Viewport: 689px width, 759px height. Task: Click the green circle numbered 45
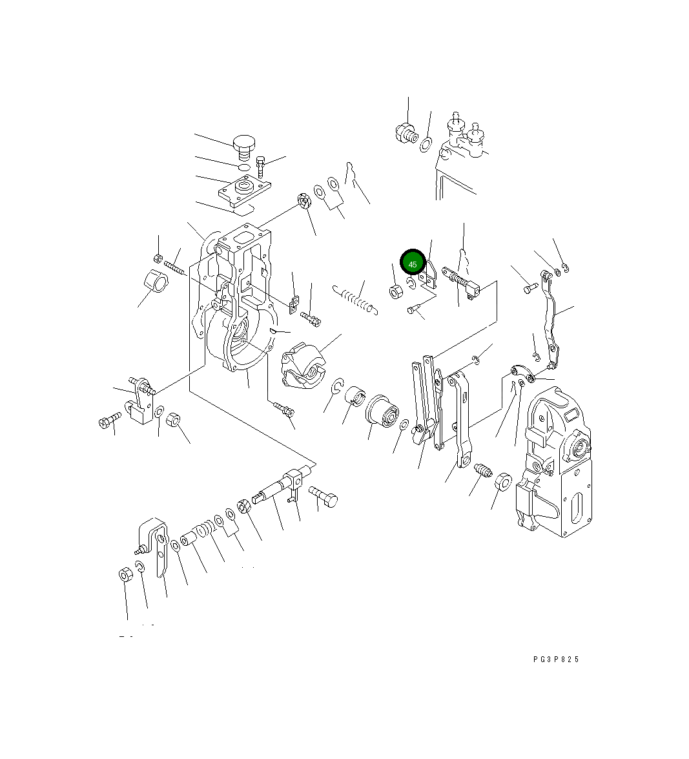click(x=413, y=264)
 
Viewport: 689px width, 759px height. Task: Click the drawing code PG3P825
click(x=556, y=659)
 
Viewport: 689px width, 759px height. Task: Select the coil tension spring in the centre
click(x=355, y=299)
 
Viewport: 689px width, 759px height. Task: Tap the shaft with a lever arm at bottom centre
click(x=279, y=486)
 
